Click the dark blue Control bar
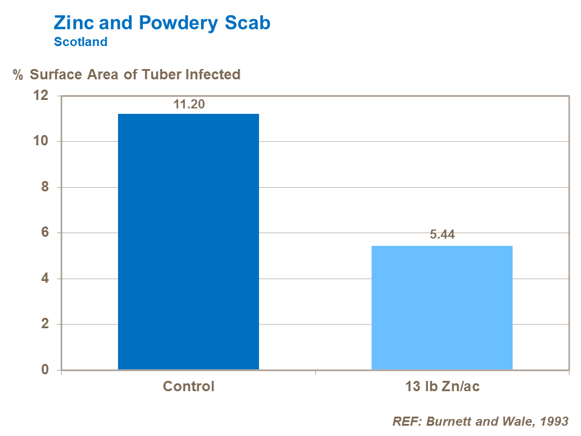188,242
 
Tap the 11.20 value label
189,104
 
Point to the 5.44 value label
442,236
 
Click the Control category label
188,386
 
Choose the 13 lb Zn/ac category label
442,386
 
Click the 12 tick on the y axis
41,96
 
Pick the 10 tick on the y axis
41,142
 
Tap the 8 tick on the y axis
44,187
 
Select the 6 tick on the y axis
44,233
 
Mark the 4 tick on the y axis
44,279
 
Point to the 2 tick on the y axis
44,325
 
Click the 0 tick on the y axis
44,370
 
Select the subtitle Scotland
80,42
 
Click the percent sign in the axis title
18,75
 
